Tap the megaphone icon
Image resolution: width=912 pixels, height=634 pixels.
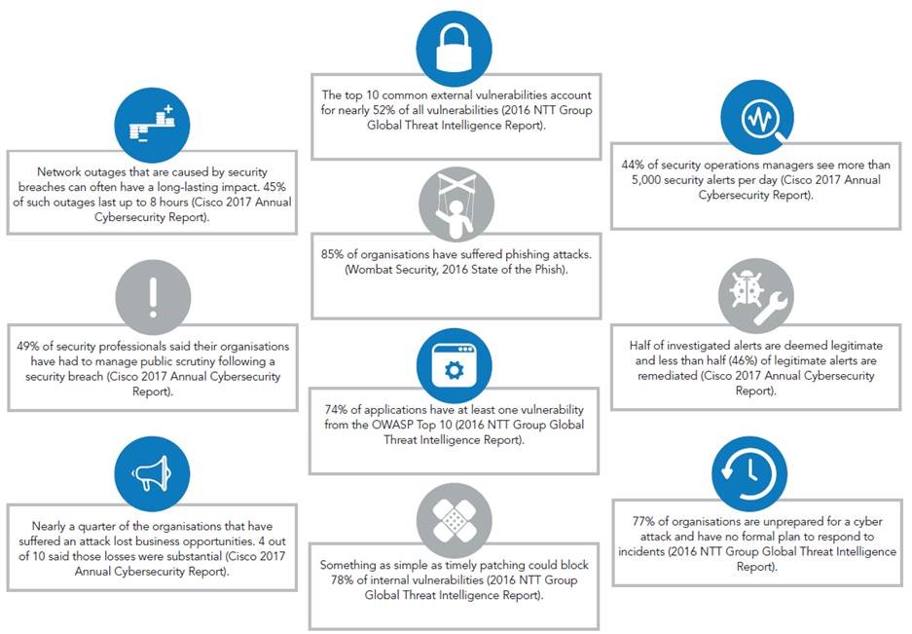click(152, 473)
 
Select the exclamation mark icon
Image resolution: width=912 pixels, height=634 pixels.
click(153, 297)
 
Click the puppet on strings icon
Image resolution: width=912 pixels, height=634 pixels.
click(456, 205)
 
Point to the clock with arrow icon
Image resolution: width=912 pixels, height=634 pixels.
click(749, 473)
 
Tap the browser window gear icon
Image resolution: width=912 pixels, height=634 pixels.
click(455, 365)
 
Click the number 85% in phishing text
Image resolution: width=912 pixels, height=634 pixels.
click(332, 254)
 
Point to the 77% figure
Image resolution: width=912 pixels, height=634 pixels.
click(643, 522)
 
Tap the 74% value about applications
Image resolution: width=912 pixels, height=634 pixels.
click(336, 410)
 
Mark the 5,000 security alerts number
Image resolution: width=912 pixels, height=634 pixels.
click(645, 180)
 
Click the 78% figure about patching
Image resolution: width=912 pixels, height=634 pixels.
click(342, 580)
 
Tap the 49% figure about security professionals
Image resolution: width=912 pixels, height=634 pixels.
click(28, 347)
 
